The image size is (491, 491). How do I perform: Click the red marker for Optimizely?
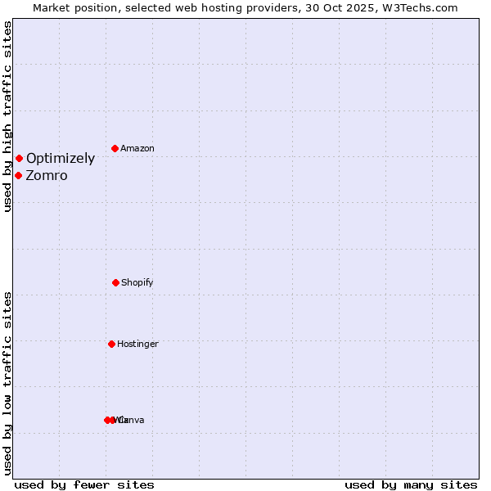tap(19, 158)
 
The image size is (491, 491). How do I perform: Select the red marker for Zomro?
tap(18, 175)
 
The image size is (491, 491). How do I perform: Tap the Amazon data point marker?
tap(115, 148)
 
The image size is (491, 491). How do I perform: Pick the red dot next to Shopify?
tap(115, 282)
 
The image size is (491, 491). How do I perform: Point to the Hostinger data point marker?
tap(111, 344)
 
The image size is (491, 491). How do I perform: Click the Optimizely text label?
tap(61, 159)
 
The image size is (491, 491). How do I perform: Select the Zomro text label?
tap(47, 176)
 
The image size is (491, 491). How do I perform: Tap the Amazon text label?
tap(137, 149)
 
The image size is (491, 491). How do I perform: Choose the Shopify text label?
tap(137, 283)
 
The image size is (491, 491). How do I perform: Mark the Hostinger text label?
tap(137, 345)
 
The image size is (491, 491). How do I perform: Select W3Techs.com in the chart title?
tap(419, 7)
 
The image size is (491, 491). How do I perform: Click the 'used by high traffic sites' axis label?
tap(7, 117)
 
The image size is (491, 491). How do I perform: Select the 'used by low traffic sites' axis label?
tap(7, 383)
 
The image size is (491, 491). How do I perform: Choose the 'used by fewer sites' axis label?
tap(84, 485)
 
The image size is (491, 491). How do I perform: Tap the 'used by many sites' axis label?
tap(411, 485)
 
